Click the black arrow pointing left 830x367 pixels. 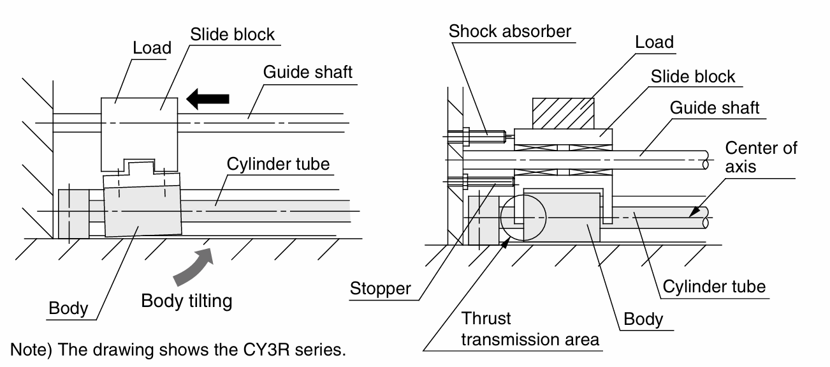pos(207,98)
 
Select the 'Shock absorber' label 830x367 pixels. pos(509,31)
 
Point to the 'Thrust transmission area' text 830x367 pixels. pos(530,329)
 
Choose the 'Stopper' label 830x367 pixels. pos(380,288)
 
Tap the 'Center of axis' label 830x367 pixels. pos(761,157)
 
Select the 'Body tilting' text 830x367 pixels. pos(186,301)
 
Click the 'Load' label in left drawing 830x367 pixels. pos(152,48)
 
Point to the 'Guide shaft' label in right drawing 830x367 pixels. pos(715,107)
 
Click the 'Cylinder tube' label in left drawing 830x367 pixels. pos(278,164)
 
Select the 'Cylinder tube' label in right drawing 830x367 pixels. pos(713,287)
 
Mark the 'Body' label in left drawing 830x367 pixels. pos(68,308)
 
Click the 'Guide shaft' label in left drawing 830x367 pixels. pos(307,71)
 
